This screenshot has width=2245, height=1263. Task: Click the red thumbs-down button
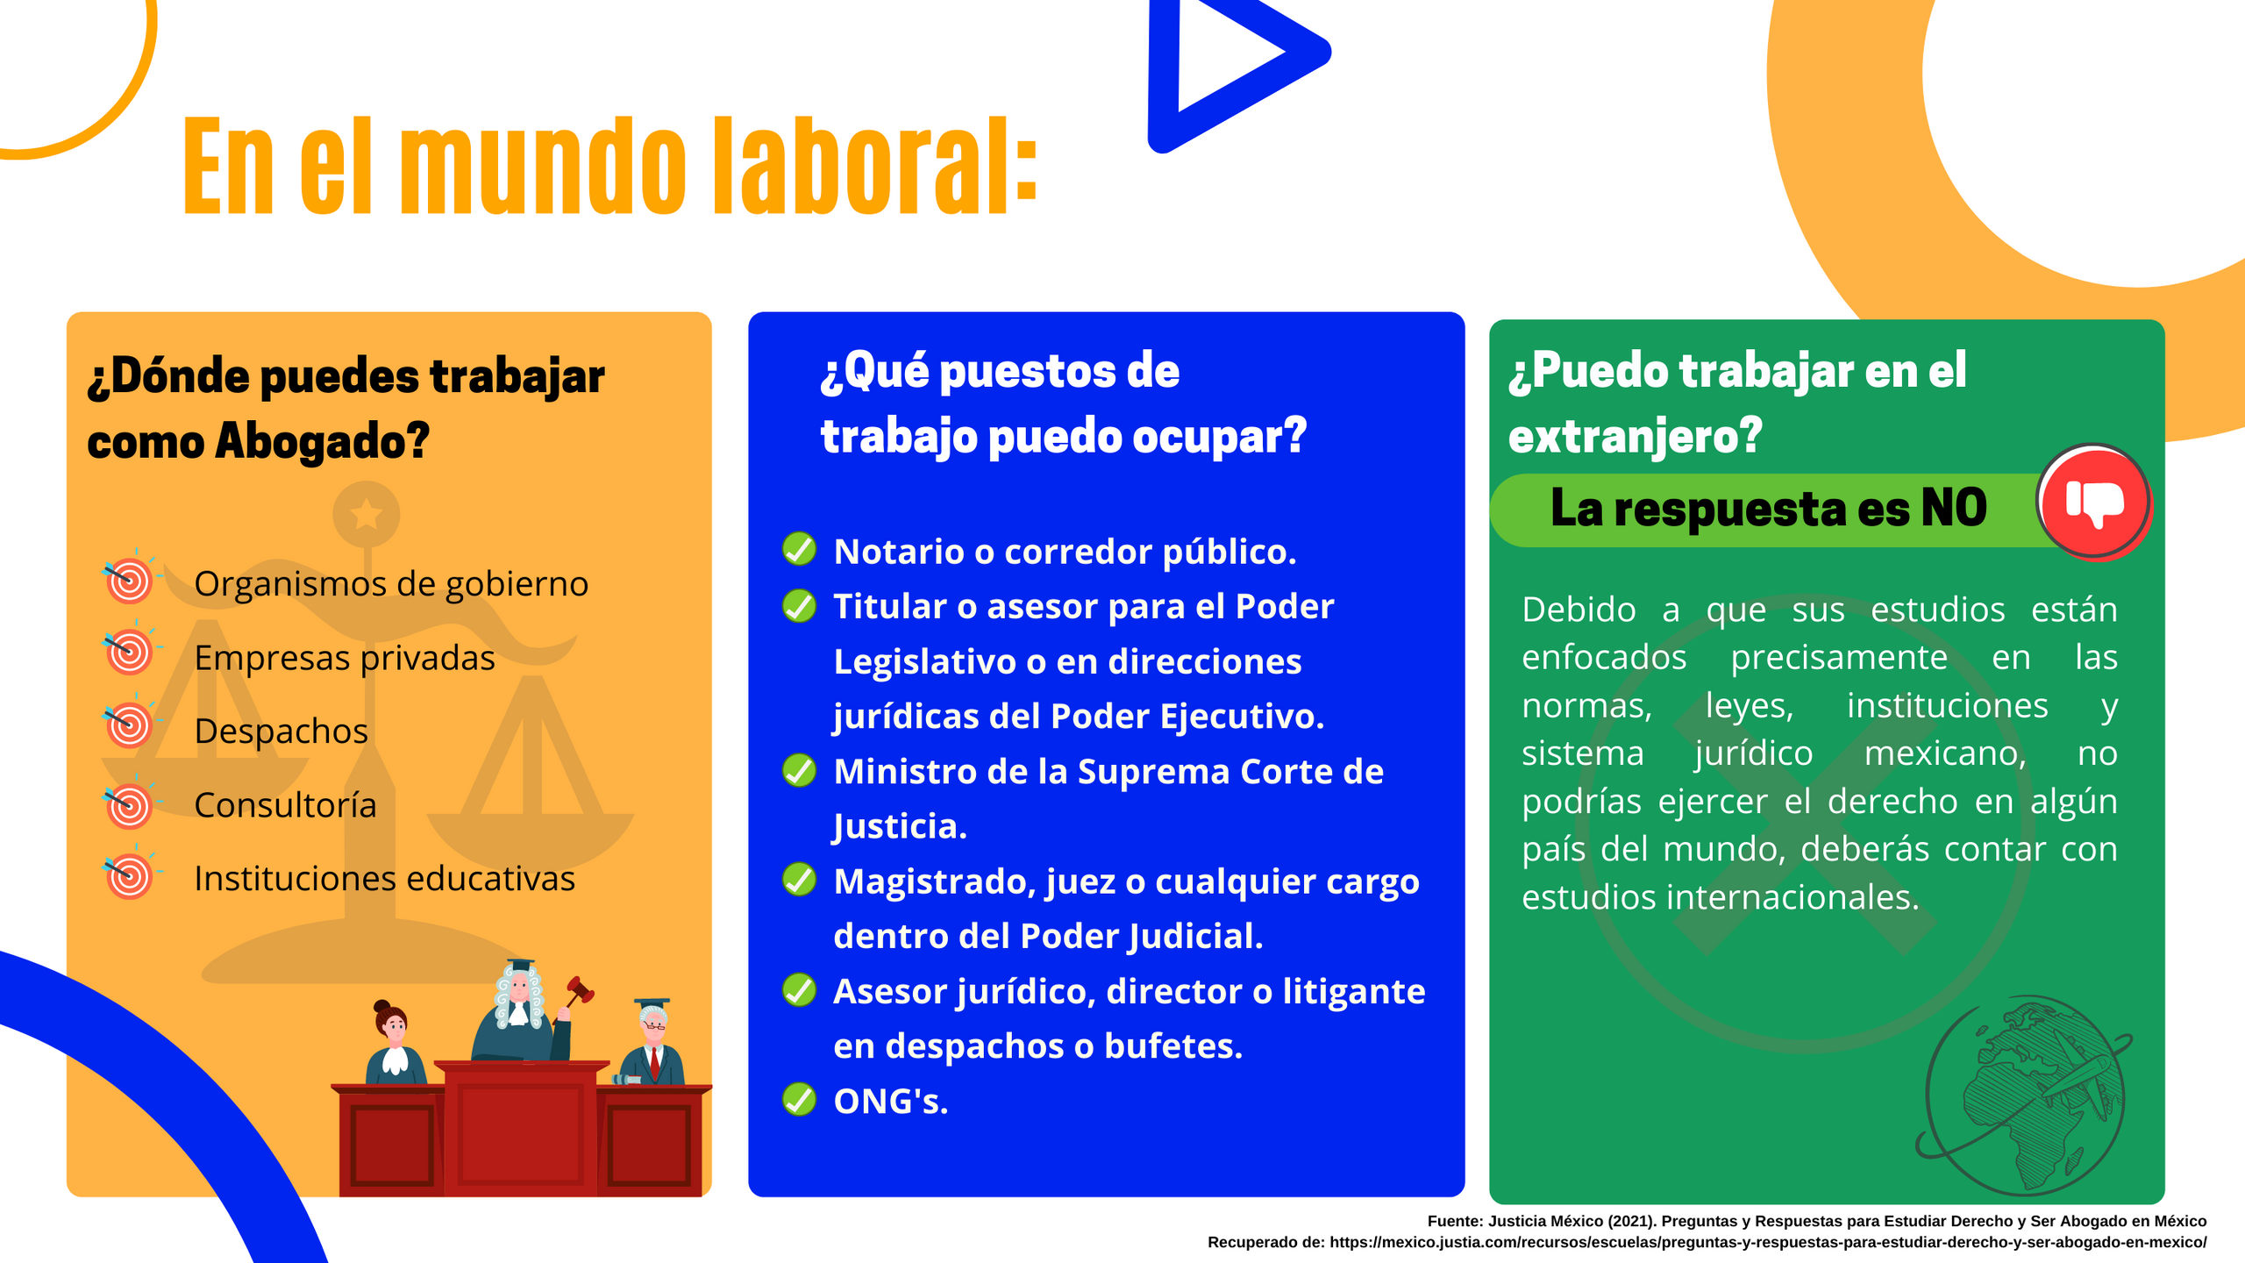pyautogui.click(x=2093, y=502)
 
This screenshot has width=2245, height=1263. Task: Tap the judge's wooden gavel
pyautogui.click(x=579, y=992)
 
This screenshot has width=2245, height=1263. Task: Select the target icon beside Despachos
pyautogui.click(x=130, y=725)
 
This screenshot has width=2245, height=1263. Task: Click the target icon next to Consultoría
pyautogui.click(x=130, y=804)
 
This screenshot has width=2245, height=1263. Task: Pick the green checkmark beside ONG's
pyautogui.click(x=799, y=1099)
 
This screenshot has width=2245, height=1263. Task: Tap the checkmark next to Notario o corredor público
pyautogui.click(x=799, y=549)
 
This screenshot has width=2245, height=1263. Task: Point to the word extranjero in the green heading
pyautogui.click(x=1635, y=436)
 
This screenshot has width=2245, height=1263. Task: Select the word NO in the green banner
pyautogui.click(x=1954, y=508)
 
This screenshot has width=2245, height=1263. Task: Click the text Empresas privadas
pyautogui.click(x=345, y=658)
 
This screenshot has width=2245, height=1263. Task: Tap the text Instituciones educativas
pyautogui.click(x=384, y=879)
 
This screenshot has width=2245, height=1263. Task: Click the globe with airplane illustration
pyautogui.click(x=2025, y=1095)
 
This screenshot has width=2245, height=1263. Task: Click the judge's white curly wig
pyautogui.click(x=519, y=996)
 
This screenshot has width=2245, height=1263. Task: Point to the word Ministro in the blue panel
pyautogui.click(x=904, y=772)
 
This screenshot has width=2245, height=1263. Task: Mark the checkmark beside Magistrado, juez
pyautogui.click(x=799, y=879)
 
